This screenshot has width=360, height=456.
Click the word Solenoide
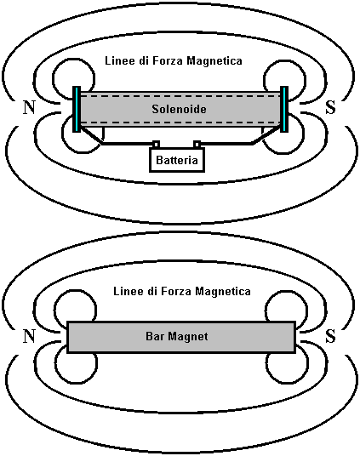[179, 109]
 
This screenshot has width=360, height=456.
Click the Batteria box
[177, 160]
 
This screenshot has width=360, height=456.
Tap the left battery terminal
[157, 145]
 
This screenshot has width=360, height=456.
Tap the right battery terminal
[197, 145]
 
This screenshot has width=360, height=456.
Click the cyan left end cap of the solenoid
[77, 109]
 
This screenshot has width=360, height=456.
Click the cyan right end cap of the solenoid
[284, 109]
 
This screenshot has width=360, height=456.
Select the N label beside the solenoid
[29, 107]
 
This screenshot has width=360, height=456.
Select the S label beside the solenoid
[330, 107]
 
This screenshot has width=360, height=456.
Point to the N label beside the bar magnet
[29, 337]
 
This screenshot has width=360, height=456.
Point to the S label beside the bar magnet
[330, 337]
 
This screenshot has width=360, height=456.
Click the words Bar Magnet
[177, 337]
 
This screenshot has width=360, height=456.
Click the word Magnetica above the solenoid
[214, 60]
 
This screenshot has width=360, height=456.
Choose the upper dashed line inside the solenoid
[180, 96]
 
